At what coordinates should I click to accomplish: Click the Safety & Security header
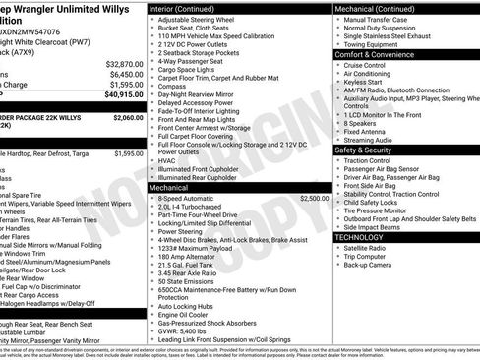tap(365, 150)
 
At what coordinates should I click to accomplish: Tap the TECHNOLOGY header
tap(359, 237)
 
